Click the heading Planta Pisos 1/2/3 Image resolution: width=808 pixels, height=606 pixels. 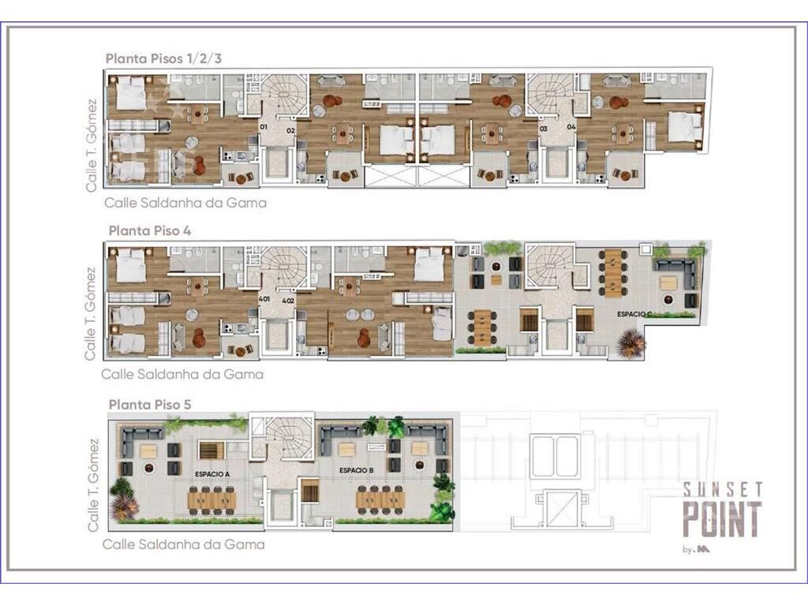click(x=163, y=58)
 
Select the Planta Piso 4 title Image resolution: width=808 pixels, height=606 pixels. click(x=149, y=231)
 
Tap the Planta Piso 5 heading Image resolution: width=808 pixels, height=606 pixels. click(x=149, y=405)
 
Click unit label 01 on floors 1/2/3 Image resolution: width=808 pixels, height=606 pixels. click(x=264, y=126)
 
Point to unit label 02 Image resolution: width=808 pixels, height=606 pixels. click(x=290, y=131)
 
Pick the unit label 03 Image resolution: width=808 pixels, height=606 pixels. click(x=543, y=129)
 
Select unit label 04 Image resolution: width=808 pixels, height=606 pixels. click(x=571, y=127)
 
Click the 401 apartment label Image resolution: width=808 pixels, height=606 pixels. click(x=264, y=299)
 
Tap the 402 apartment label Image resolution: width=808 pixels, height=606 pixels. click(x=287, y=301)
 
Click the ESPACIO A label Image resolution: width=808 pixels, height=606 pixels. click(x=212, y=474)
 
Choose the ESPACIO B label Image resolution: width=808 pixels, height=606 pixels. click(x=357, y=470)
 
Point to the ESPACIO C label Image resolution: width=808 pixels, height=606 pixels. click(x=635, y=314)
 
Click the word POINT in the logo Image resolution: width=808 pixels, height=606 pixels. click(x=722, y=519)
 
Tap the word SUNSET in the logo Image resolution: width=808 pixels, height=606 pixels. click(x=723, y=489)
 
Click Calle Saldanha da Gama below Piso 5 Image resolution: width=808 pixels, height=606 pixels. click(x=183, y=544)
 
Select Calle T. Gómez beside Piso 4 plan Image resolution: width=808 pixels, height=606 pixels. click(x=90, y=314)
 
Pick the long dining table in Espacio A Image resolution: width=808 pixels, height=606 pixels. click(x=212, y=499)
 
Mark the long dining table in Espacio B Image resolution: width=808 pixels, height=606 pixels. click(x=381, y=499)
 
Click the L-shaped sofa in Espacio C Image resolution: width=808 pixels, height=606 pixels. click(x=676, y=273)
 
